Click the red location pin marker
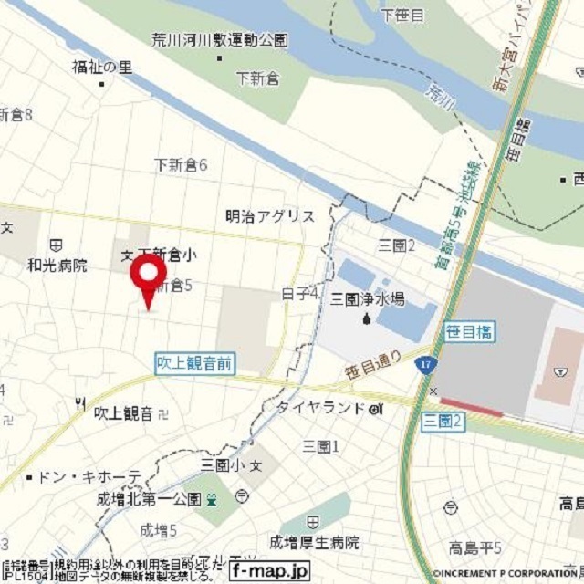coord(147,275)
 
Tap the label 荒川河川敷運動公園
coord(220,40)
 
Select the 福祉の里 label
coord(102,67)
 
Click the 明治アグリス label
coord(270,216)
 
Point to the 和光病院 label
coord(57,266)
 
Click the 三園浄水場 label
coord(368,299)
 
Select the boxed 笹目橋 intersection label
coord(470,332)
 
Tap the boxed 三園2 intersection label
coord(444,421)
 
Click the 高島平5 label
coord(474,547)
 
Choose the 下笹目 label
coord(402,16)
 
